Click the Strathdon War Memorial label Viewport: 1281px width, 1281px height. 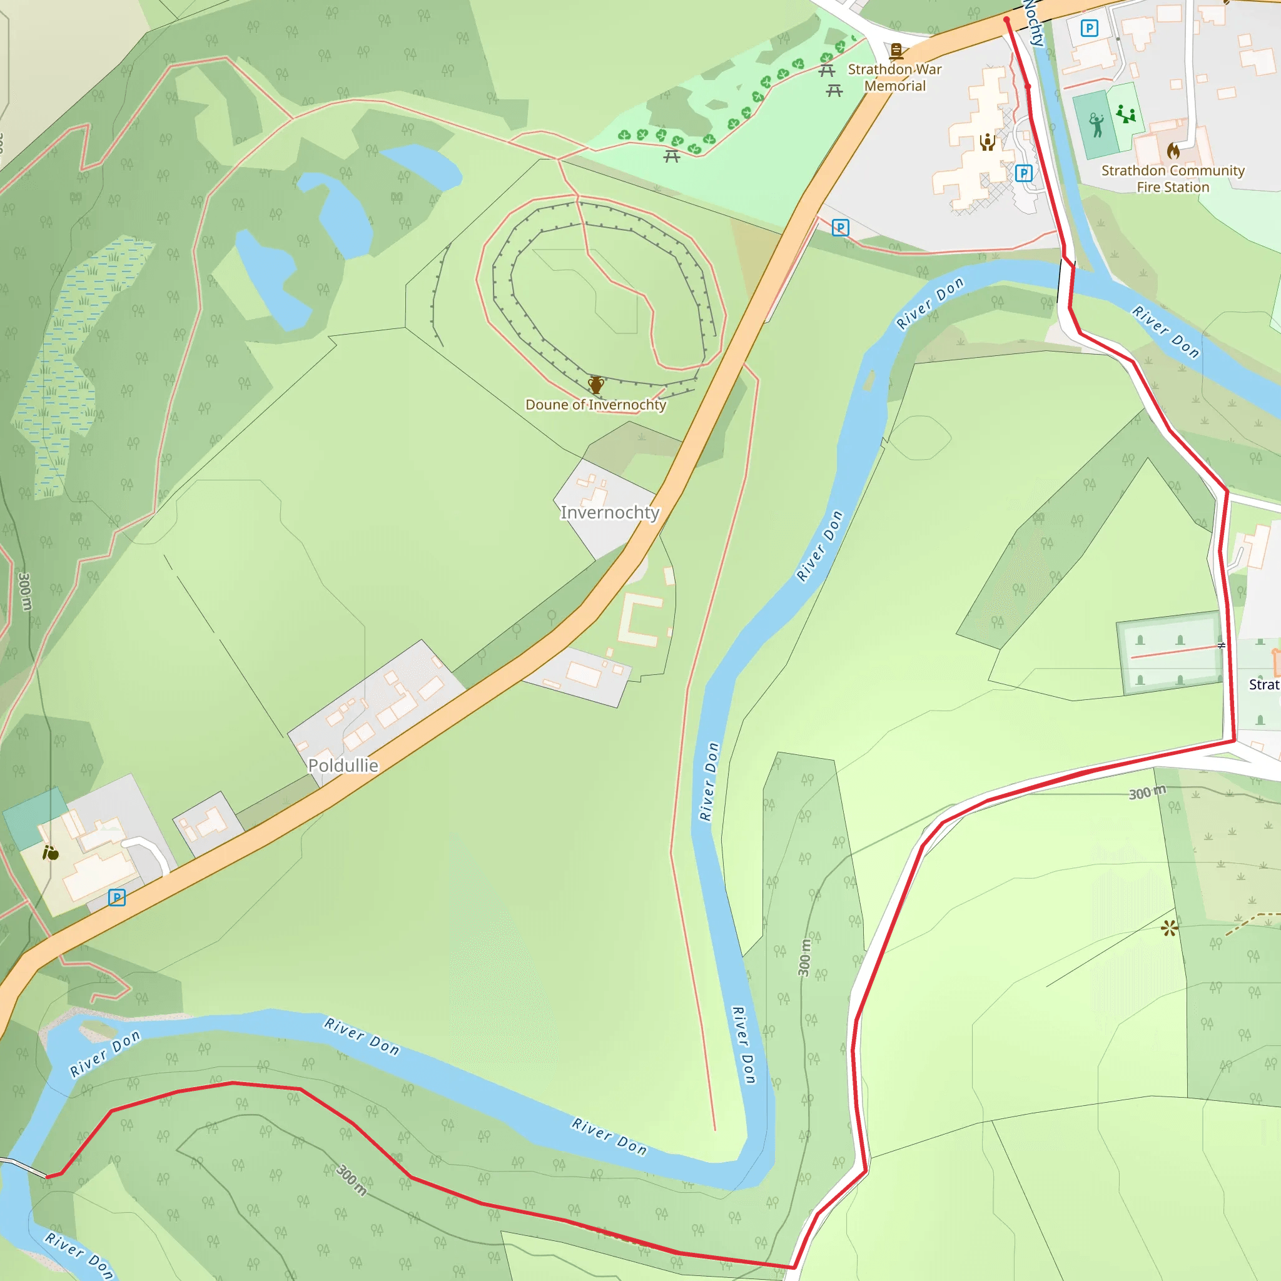894,78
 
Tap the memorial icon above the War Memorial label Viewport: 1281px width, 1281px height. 896,51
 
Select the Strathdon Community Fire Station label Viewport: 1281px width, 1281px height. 1172,178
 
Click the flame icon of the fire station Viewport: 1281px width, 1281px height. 1173,151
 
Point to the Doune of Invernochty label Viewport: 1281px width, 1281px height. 595,405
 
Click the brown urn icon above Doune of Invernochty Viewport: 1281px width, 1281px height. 596,385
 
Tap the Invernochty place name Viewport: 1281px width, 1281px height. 609,512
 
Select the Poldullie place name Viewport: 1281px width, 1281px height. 343,765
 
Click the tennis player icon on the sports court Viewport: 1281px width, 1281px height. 1096,124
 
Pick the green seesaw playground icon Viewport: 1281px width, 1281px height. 1125,114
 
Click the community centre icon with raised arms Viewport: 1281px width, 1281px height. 987,142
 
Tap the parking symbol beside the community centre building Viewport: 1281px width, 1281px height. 1024,174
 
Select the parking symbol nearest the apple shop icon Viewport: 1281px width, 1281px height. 117,898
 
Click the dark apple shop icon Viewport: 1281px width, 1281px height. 51,853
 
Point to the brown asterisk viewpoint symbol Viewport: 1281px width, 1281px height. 1170,928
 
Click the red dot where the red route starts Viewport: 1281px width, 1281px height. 1006,20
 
